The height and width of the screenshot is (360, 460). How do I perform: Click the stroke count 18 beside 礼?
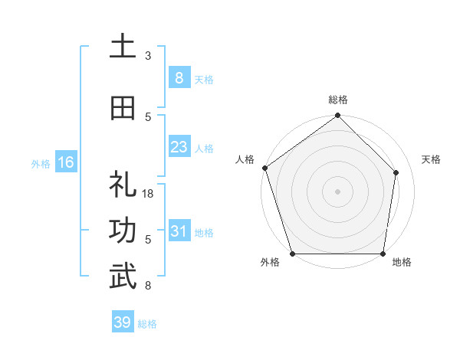(x=149, y=194)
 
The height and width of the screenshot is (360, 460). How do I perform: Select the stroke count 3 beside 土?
(x=148, y=56)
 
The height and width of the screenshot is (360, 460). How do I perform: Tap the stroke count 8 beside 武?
(x=148, y=286)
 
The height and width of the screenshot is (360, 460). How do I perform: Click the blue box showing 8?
(x=179, y=78)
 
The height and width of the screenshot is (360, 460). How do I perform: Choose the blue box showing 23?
(x=179, y=147)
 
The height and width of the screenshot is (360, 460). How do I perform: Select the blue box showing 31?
(x=179, y=231)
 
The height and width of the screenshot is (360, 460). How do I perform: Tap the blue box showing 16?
(x=65, y=162)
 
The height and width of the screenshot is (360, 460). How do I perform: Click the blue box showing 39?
(x=122, y=322)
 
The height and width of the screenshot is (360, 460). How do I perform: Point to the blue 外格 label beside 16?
(x=41, y=163)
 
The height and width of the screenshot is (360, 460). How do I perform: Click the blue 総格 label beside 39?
(x=147, y=324)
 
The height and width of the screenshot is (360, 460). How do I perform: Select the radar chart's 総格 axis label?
(x=338, y=100)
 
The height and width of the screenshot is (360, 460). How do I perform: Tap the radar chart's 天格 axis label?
(x=431, y=159)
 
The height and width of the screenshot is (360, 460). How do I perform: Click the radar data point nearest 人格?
(x=264, y=168)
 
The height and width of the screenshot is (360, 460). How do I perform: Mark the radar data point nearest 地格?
(x=383, y=254)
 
